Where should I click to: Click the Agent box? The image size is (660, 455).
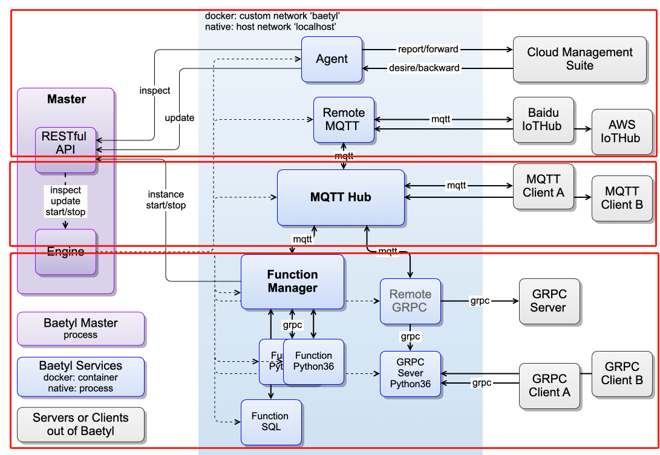click(332, 59)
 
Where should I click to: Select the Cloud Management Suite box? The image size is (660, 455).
click(580, 59)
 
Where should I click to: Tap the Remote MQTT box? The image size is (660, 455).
click(344, 120)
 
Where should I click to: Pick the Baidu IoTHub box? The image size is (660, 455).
click(543, 120)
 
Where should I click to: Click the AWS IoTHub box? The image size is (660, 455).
click(622, 131)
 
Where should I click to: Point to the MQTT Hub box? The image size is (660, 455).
click(341, 197)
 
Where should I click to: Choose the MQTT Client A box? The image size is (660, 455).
click(543, 186)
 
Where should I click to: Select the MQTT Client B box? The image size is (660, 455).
click(622, 198)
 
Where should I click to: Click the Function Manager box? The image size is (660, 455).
click(292, 281)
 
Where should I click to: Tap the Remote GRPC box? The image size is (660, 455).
click(410, 301)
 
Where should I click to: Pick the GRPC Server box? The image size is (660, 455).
click(549, 301)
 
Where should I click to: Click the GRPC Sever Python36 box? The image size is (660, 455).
click(410, 373)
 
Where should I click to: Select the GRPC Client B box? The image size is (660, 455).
click(622, 373)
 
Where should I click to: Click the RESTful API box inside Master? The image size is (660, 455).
click(65, 149)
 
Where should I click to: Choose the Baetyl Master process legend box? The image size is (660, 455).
click(80, 329)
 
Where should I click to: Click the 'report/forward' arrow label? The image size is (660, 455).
click(428, 49)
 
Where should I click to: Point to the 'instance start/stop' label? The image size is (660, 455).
click(166, 200)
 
